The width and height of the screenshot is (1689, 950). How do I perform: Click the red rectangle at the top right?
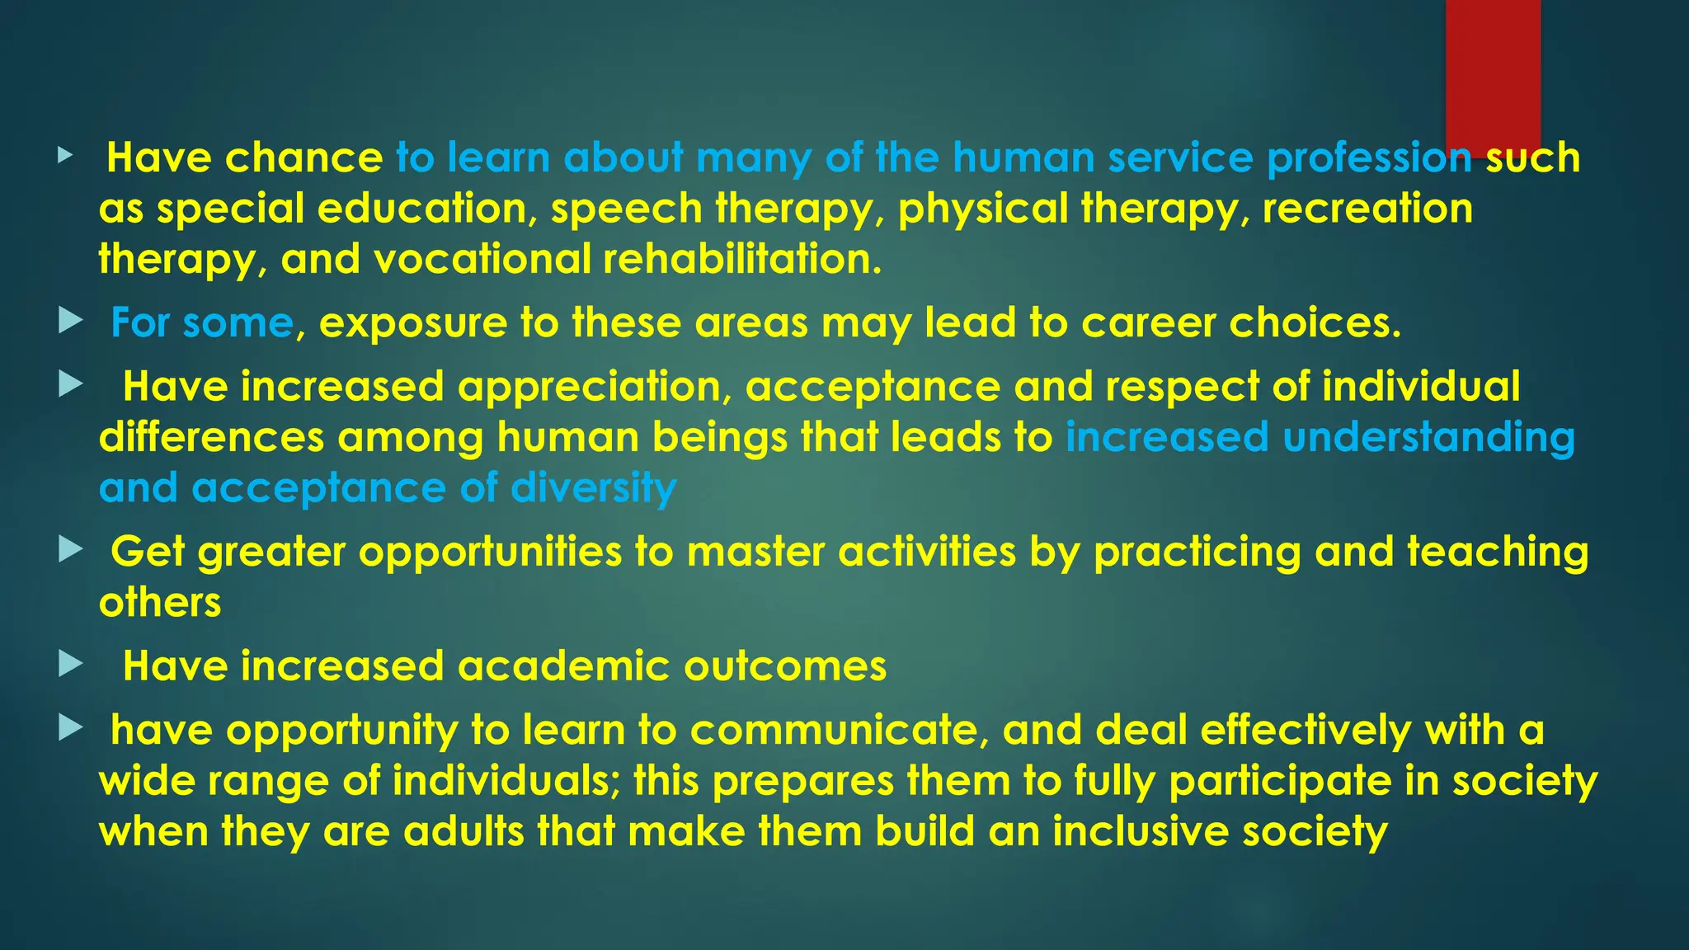click(x=1493, y=74)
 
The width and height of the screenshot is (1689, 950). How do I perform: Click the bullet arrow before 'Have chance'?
click(x=65, y=155)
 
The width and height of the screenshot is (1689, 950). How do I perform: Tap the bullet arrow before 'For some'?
click(x=71, y=322)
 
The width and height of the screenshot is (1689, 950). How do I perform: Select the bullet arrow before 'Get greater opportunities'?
click(x=71, y=550)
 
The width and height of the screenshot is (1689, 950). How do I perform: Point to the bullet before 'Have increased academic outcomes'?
click(x=71, y=664)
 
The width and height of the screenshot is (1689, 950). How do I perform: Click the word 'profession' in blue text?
click(x=1369, y=158)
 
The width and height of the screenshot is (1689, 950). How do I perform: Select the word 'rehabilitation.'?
click(x=742, y=259)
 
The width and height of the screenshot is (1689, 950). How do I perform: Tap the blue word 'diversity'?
click(x=594, y=488)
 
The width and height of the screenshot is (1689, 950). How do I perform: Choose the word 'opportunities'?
click(x=490, y=553)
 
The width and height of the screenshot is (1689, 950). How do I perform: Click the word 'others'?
click(x=160, y=603)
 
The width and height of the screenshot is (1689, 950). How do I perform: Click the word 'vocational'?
click(x=482, y=259)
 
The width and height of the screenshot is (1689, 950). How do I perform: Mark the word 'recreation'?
click(x=1367, y=209)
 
